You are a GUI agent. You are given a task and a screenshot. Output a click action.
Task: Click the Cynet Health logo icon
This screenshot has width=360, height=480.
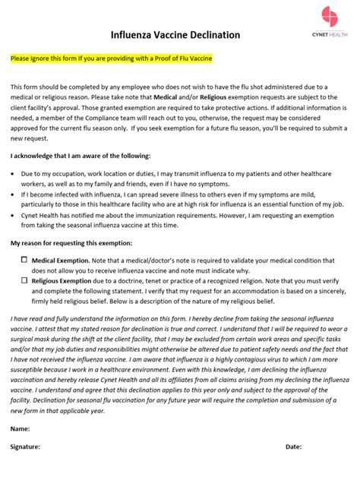[x=330, y=16]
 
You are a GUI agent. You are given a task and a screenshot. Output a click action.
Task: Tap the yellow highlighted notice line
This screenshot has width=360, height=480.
[x=111, y=58]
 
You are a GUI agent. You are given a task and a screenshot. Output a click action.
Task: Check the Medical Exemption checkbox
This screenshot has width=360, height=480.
[x=24, y=259]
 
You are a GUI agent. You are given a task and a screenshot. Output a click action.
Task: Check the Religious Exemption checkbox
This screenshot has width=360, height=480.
[x=24, y=279]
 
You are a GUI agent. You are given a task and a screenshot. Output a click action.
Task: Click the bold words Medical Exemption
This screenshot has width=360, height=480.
[x=59, y=259]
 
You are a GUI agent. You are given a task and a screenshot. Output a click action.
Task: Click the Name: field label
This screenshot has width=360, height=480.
[x=21, y=428]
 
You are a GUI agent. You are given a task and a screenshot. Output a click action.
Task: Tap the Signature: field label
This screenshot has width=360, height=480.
[x=26, y=447]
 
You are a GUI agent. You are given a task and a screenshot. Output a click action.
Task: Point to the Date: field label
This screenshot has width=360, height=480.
[x=294, y=447]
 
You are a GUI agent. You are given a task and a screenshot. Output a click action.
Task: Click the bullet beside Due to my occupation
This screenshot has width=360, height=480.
[x=14, y=174]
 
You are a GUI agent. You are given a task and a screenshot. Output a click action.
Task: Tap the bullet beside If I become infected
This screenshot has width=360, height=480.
[x=14, y=194]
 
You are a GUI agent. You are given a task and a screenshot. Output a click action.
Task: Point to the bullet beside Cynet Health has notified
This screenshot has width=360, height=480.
[x=14, y=215]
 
